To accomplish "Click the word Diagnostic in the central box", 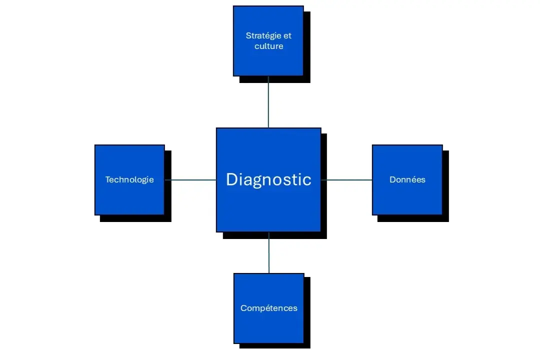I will [268, 179].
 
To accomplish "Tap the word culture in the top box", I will [268, 46].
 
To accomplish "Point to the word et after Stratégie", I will [287, 36].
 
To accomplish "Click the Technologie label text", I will [129, 179].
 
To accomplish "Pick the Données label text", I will [407, 179].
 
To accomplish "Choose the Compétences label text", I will [268, 308].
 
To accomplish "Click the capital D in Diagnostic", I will [231, 179].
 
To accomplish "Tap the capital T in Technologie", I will [107, 179].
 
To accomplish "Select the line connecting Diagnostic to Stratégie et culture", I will [268, 102].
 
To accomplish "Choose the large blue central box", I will [268, 210].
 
